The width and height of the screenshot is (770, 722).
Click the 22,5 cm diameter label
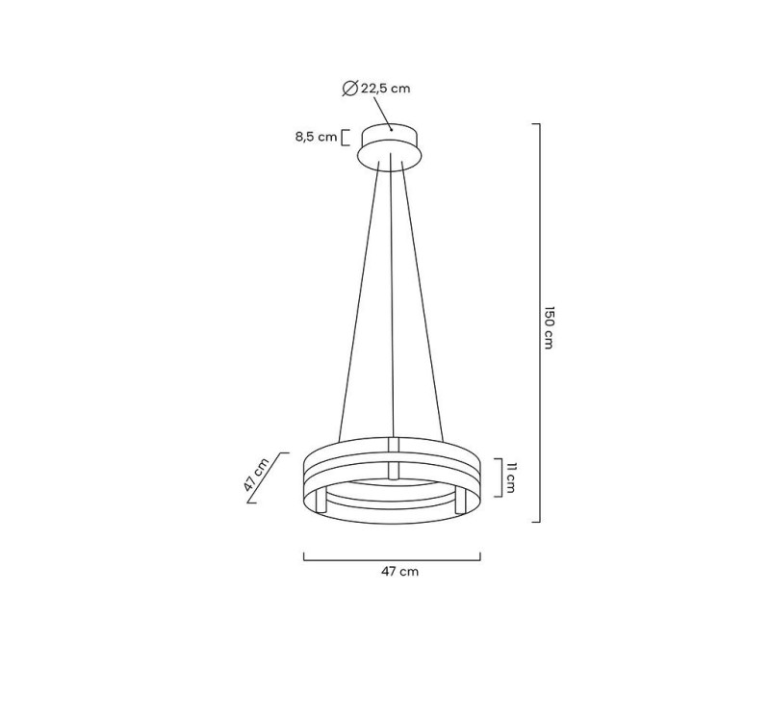pyautogui.click(x=385, y=89)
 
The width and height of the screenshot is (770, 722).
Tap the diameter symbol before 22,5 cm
pyautogui.click(x=350, y=89)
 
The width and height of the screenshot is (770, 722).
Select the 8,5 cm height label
pyautogui.click(x=316, y=137)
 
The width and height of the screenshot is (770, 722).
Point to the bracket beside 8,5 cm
pyautogui.click(x=345, y=137)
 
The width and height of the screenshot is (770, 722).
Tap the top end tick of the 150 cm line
pyautogui.click(x=536, y=124)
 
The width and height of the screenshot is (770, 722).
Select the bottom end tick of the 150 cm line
pyautogui.click(x=536, y=522)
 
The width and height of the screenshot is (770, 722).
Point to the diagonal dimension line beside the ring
pyautogui.click(x=269, y=478)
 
